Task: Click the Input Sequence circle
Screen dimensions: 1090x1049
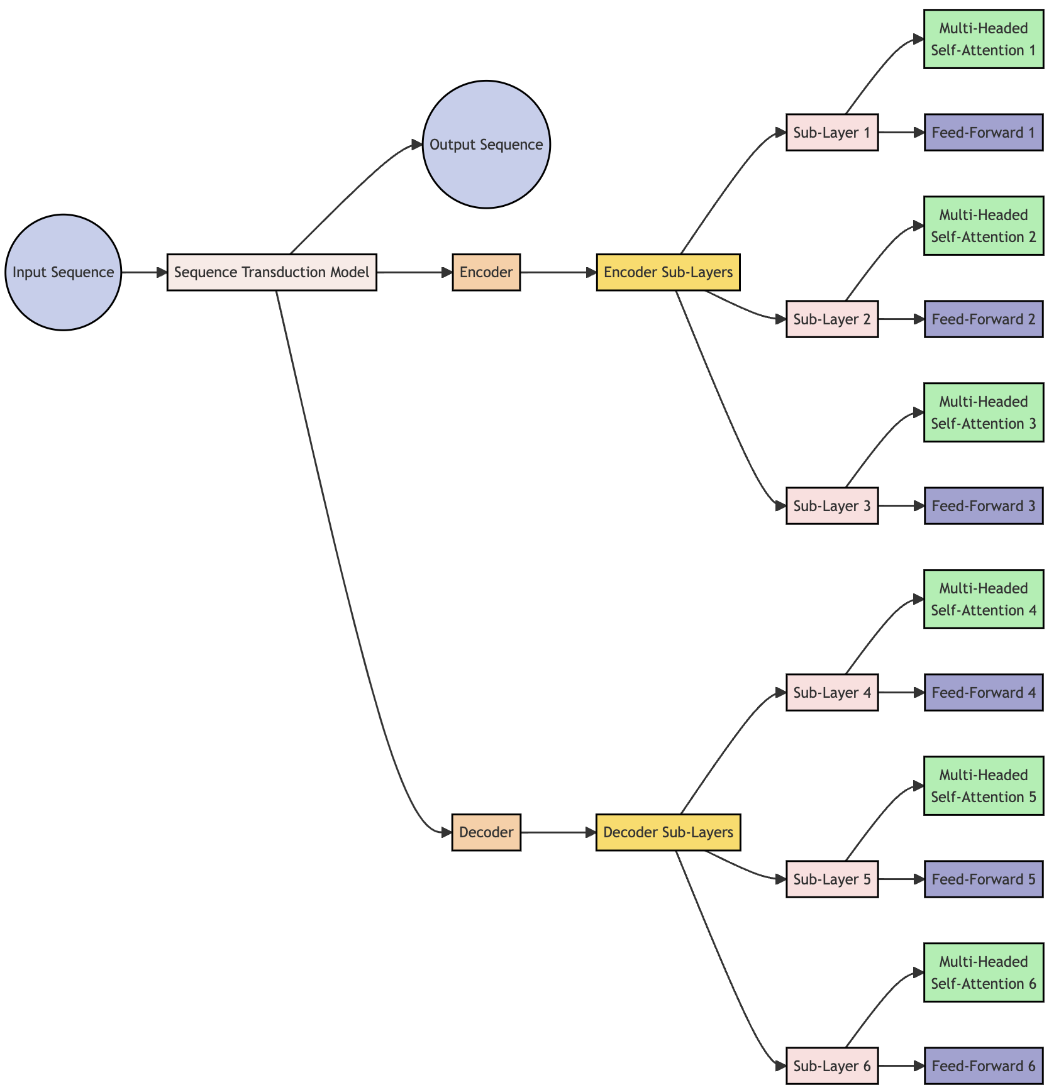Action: (63, 272)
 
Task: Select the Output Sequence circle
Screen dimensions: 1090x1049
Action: (486, 145)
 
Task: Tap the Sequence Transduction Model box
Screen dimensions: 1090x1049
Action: (272, 272)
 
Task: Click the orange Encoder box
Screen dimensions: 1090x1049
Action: (486, 272)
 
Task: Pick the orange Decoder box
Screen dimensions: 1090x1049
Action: (486, 832)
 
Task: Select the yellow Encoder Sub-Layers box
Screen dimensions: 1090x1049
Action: (668, 272)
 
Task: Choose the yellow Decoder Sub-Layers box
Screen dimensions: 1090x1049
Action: (668, 832)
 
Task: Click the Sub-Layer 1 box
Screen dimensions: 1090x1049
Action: (832, 133)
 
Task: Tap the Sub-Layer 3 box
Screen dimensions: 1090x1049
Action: (832, 506)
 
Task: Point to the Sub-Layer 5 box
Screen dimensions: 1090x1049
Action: (832, 879)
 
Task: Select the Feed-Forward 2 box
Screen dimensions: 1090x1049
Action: (984, 319)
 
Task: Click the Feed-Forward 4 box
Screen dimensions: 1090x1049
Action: (984, 693)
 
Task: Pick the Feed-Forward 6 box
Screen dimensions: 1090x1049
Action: (984, 1066)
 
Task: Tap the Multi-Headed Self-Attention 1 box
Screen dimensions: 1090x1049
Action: (984, 39)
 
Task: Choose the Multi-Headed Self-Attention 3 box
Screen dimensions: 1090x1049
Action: (984, 412)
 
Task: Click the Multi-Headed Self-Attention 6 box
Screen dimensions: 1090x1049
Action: (984, 972)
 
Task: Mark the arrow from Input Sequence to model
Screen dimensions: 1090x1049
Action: (144, 272)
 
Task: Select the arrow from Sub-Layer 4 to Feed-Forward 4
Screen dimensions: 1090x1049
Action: (901, 693)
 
